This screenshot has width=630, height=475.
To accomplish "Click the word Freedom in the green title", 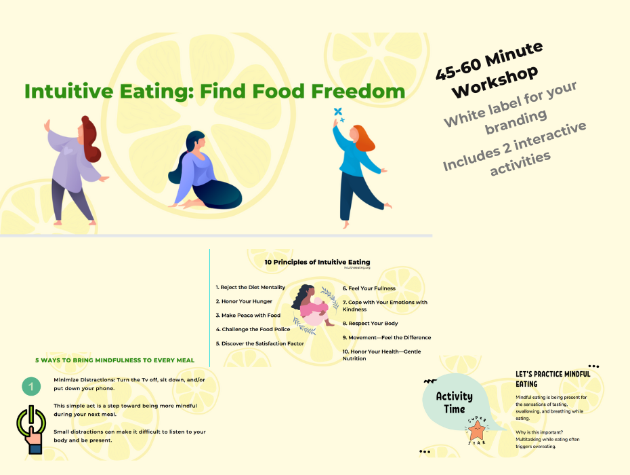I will (x=358, y=91).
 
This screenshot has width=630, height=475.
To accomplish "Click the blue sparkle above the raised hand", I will (x=337, y=113).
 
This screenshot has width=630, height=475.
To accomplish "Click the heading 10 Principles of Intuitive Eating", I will (x=317, y=262).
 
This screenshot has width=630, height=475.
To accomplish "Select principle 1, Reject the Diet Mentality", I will (x=250, y=287).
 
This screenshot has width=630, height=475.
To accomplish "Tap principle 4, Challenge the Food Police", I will (x=253, y=329).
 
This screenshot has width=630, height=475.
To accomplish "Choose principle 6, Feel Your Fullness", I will (x=369, y=288).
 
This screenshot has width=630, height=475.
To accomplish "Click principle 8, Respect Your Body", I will (x=370, y=324).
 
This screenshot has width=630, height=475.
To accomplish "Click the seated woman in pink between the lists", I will (x=312, y=307).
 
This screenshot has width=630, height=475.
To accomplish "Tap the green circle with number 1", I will (x=29, y=387).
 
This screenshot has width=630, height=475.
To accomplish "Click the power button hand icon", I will (x=30, y=429).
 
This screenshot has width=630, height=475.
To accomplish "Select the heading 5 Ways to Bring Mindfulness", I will (x=115, y=360).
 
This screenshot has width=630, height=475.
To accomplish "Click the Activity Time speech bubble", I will (x=455, y=402).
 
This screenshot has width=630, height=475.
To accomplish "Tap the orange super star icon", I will (x=478, y=429).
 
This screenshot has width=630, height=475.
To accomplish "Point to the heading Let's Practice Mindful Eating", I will (x=553, y=379).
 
